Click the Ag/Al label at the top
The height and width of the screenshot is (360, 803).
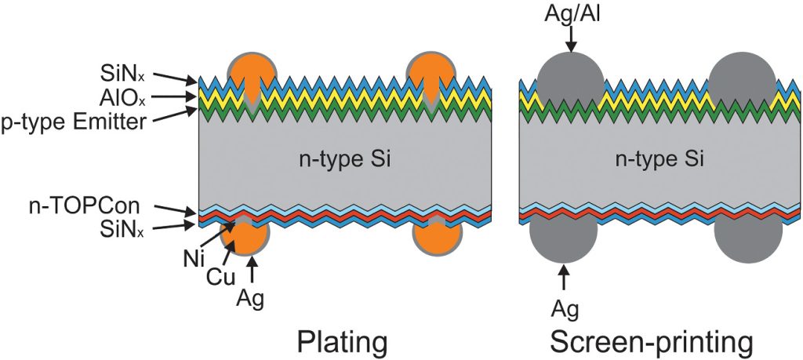(571, 13)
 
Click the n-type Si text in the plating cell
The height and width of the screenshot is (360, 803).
(346, 161)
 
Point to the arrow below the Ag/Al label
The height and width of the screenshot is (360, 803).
(571, 38)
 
